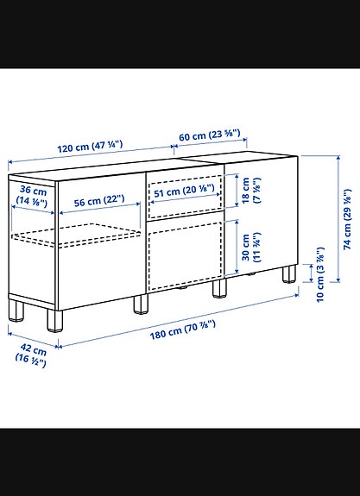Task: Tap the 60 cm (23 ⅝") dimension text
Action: pos(210,136)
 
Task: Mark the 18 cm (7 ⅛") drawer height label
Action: pos(249,191)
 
